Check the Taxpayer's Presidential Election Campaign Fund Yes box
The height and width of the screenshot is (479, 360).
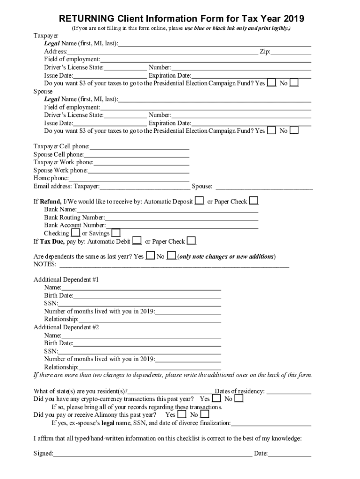(x=271, y=83)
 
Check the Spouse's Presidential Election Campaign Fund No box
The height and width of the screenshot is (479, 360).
(x=294, y=131)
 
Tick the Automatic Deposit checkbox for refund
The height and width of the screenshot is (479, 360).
(x=199, y=201)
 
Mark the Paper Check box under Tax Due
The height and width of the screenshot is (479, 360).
(x=191, y=241)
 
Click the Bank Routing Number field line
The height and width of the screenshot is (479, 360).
(x=181, y=218)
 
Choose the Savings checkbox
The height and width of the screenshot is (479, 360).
(x=115, y=233)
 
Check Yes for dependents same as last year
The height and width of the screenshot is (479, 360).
(x=150, y=256)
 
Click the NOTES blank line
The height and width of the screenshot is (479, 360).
(x=173, y=265)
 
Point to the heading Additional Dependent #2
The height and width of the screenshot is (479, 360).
(x=66, y=327)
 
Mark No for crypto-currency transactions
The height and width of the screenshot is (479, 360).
(x=238, y=399)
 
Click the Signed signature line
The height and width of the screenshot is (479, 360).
(x=152, y=453)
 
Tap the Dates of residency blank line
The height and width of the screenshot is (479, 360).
(x=288, y=392)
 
